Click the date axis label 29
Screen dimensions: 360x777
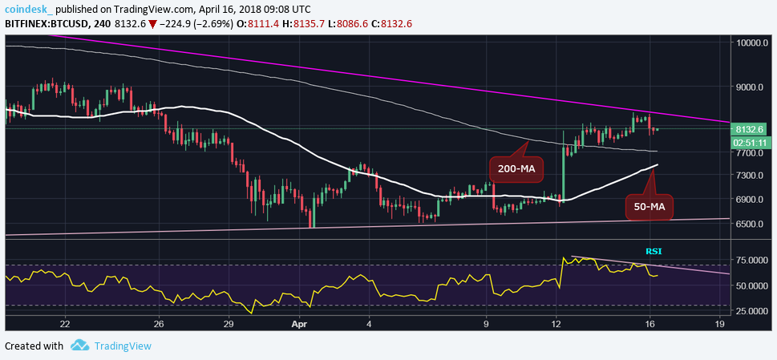229,325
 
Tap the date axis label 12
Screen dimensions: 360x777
555,325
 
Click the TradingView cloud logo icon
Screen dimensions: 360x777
79,346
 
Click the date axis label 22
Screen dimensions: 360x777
65,325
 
